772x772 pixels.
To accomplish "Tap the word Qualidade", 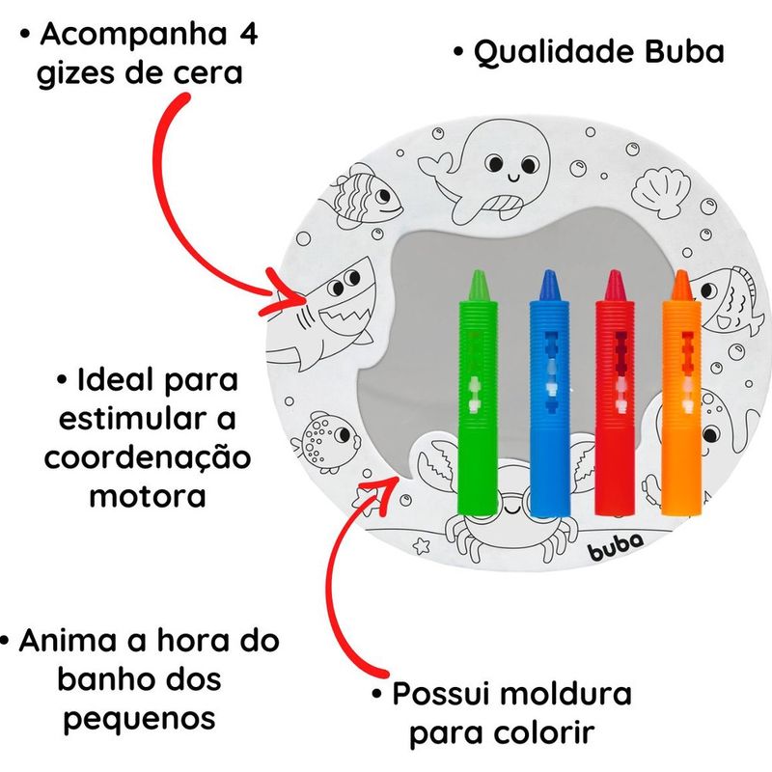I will coord(547,51).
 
